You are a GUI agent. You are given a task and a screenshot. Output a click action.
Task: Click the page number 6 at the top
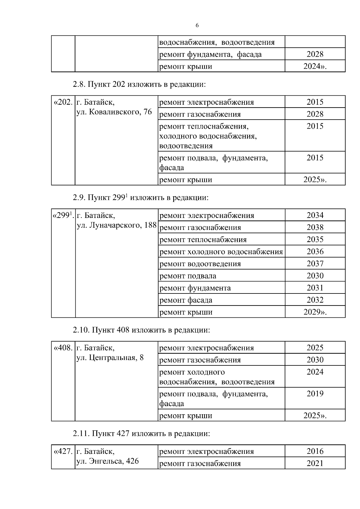(x=197, y=26)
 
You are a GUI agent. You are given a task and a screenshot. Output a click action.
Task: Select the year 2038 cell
(x=315, y=228)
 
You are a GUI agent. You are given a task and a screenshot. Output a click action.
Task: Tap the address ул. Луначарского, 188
(x=117, y=225)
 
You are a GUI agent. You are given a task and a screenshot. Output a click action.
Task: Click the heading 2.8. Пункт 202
(x=139, y=85)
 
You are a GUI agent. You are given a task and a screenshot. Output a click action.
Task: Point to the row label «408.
(x=63, y=348)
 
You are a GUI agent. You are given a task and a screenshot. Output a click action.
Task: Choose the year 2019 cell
(x=315, y=394)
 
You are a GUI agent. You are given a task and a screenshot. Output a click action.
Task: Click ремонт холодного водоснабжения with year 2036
(x=221, y=252)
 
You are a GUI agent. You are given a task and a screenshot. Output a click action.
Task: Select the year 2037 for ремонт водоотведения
(x=315, y=264)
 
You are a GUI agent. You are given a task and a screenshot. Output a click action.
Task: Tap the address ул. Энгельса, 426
(x=108, y=461)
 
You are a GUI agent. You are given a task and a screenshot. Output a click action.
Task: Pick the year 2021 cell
(x=315, y=463)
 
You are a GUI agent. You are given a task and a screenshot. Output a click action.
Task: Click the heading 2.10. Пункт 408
(x=141, y=330)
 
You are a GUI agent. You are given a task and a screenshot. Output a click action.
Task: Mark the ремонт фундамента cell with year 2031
(x=195, y=288)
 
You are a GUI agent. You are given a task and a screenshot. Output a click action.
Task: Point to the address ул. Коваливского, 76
(x=114, y=112)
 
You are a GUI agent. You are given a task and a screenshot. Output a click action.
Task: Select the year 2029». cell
(x=315, y=312)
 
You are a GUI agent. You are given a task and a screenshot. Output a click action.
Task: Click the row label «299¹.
(x=63, y=216)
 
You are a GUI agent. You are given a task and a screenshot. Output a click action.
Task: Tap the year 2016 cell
(x=315, y=451)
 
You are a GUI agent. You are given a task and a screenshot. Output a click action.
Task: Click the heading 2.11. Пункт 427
(x=141, y=434)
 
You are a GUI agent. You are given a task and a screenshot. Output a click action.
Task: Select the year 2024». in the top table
(x=315, y=66)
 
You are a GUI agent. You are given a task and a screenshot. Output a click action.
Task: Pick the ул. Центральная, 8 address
(x=110, y=358)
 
